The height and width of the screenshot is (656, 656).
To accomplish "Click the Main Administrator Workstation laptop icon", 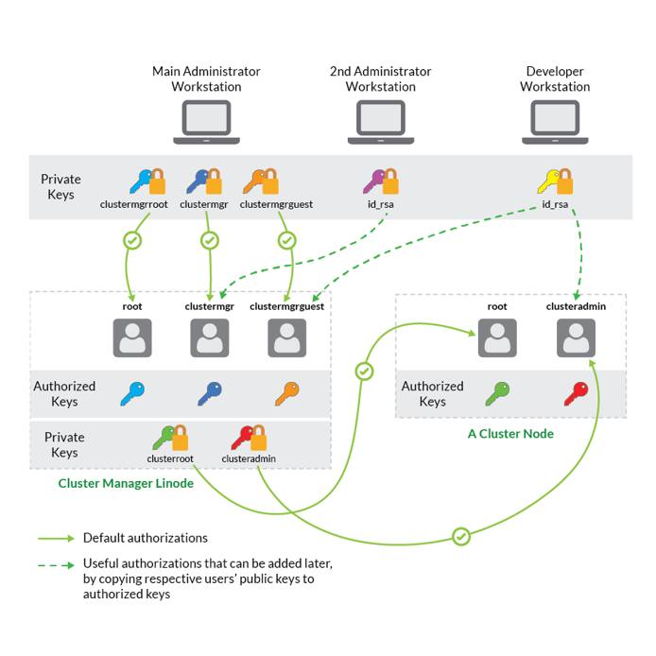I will [206, 122].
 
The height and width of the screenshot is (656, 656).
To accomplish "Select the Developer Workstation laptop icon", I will [555, 122].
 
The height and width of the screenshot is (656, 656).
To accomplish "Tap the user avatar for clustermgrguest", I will [286, 337].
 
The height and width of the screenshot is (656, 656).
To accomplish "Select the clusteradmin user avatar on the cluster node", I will [576, 337].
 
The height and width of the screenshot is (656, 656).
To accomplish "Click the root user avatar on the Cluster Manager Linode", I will [132, 337].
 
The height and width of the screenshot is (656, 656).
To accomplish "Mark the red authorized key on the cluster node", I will [576, 393].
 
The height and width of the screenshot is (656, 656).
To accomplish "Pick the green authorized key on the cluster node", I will [497, 393].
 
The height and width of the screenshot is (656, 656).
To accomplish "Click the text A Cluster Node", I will [510, 434].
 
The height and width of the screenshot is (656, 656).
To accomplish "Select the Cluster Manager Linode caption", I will [126, 483].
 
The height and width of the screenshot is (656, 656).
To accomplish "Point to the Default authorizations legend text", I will [145, 538].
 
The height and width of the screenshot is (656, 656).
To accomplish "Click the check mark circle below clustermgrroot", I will [132, 241].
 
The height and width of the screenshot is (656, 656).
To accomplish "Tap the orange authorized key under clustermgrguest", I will [286, 393].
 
